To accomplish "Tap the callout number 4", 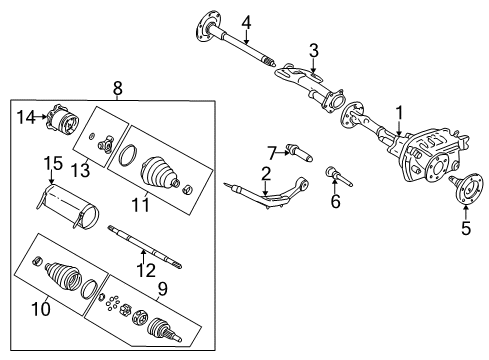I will [246, 21].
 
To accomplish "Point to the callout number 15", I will [51, 163].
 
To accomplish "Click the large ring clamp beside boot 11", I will [127, 156].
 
